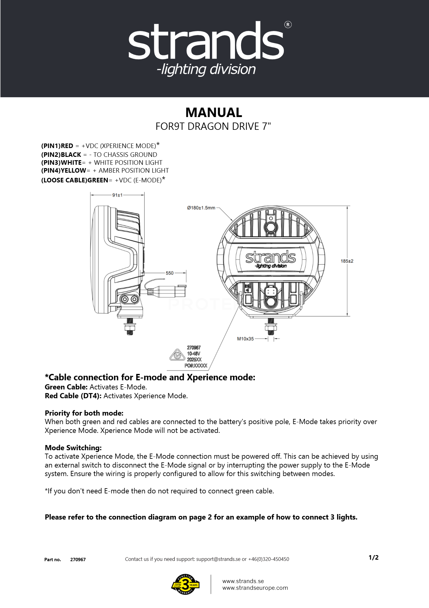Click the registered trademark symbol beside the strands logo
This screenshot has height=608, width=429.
(x=288, y=25)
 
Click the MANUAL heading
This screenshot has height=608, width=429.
(x=214, y=112)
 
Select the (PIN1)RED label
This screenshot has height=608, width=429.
(x=57, y=146)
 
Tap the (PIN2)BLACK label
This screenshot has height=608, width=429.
(x=61, y=154)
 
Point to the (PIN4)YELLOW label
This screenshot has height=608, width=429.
(x=63, y=171)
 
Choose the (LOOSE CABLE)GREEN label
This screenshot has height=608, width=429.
(x=75, y=180)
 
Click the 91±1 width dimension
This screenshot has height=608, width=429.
(x=117, y=195)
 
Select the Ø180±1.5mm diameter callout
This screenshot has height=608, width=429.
(x=201, y=208)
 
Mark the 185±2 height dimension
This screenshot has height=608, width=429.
(x=347, y=261)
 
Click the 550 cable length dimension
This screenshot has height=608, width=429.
(x=169, y=273)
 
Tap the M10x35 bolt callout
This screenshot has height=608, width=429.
(x=245, y=339)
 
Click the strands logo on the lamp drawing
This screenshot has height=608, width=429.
(x=270, y=259)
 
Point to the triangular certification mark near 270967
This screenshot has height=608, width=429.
(x=177, y=355)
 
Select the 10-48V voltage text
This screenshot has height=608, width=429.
(x=194, y=354)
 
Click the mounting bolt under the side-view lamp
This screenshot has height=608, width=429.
(x=130, y=327)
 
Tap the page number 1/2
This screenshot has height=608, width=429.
(x=373, y=558)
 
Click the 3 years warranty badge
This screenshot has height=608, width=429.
(x=185, y=584)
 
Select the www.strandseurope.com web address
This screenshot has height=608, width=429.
(x=255, y=588)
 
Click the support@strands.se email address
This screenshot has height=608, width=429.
(x=218, y=559)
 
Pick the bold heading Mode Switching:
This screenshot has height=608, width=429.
(x=73, y=447)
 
